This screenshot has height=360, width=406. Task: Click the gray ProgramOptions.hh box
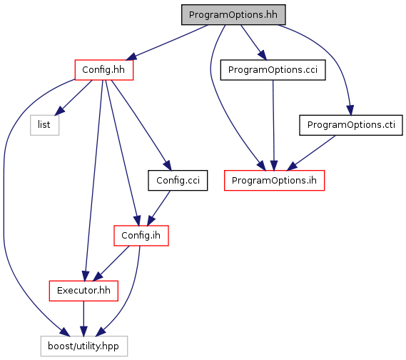[233, 15]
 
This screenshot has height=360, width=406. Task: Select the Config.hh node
[104, 70]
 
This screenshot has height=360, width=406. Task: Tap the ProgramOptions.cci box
[273, 70]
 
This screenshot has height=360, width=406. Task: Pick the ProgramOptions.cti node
[351, 125]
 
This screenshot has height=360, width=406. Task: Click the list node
[44, 125]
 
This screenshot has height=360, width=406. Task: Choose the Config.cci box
[178, 181]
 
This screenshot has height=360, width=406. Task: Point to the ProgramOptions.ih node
[274, 181]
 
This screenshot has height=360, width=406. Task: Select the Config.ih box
[141, 236]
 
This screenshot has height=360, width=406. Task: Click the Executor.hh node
[83, 291]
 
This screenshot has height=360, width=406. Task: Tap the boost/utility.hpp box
[84, 346]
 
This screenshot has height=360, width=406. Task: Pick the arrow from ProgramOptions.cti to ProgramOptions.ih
[311, 153]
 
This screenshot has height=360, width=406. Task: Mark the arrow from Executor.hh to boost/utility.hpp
[83, 319]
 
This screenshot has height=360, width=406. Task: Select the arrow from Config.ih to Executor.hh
[111, 264]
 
